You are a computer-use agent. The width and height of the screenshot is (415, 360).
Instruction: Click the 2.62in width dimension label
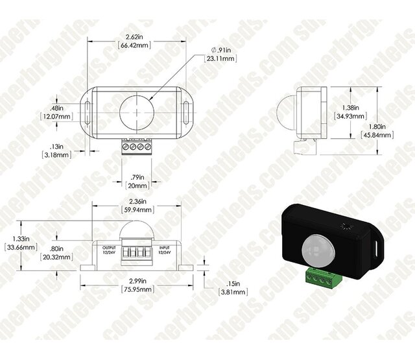tap(135, 37)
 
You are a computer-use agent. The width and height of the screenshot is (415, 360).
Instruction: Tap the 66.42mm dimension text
tap(135, 46)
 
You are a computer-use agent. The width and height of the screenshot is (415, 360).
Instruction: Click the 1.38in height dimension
tap(353, 106)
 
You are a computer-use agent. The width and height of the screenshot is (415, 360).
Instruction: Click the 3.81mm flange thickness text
tap(231, 292)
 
